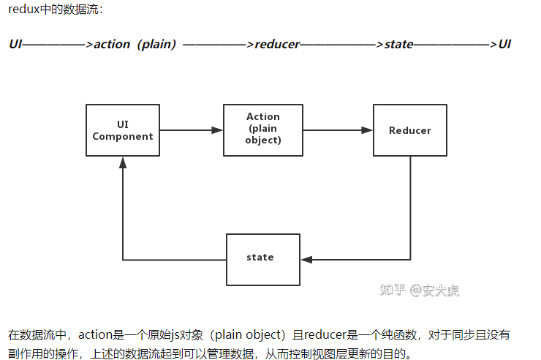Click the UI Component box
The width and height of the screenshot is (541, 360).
123,130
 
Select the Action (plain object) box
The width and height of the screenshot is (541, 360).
263,129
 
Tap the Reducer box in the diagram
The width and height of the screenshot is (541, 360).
409,130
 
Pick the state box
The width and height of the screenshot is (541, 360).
263,258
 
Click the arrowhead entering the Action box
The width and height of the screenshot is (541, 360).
217,130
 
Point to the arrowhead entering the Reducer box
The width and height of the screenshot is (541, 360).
367,130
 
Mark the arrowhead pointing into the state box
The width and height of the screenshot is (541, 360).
306,259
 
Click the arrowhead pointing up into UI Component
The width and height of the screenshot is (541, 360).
123,162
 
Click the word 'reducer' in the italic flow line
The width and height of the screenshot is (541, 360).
277,44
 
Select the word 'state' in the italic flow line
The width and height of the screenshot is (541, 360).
399,44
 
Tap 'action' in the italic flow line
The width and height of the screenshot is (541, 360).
113,44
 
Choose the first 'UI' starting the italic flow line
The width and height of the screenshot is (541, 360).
15,44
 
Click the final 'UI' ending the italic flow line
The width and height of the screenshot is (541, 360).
504,44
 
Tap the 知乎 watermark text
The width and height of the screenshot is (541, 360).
392,290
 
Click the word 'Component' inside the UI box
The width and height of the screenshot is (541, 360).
123,136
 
